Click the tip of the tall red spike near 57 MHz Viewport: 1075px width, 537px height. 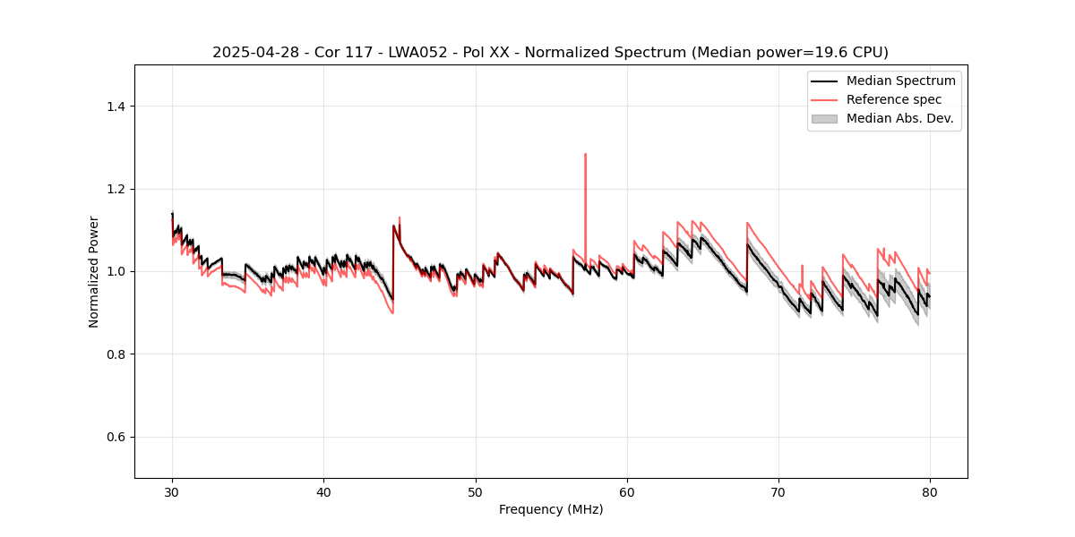pyautogui.click(x=585, y=154)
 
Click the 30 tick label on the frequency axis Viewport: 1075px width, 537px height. pyautogui.click(x=172, y=491)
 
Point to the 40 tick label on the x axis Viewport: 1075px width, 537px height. pyautogui.click(x=324, y=491)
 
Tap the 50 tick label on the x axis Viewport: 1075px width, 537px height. pyautogui.click(x=476, y=491)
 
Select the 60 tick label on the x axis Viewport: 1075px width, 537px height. pyautogui.click(x=627, y=491)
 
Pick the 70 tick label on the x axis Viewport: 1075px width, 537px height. pyautogui.click(x=778, y=491)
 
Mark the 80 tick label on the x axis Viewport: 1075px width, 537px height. pyautogui.click(x=930, y=491)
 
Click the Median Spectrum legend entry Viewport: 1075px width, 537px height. pyautogui.click(x=900, y=81)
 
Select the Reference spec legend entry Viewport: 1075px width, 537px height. pyautogui.click(x=894, y=99)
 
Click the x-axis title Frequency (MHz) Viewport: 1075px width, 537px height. pyautogui.click(x=551, y=509)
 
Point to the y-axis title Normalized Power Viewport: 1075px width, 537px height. pyautogui.click(x=94, y=271)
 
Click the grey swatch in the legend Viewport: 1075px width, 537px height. pyautogui.click(x=824, y=118)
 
